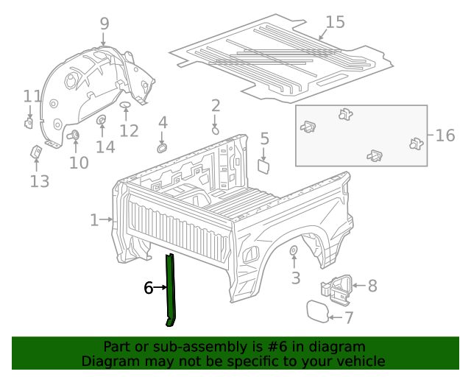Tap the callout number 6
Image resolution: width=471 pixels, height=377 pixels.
(x=148, y=288)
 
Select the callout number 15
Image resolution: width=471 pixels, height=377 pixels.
(x=335, y=22)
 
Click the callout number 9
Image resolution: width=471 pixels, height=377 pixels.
(x=104, y=24)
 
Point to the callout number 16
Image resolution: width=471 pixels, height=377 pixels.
(x=445, y=135)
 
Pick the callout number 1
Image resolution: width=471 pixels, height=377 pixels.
(x=94, y=219)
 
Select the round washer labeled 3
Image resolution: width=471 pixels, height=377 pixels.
(x=293, y=253)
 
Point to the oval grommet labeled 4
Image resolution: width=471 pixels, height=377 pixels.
(x=162, y=147)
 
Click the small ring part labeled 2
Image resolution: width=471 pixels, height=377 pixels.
(x=215, y=130)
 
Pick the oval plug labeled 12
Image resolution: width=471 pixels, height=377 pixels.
(x=125, y=109)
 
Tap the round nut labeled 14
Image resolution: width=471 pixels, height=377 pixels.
(x=102, y=121)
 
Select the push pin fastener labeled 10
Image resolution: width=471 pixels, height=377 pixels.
(x=74, y=135)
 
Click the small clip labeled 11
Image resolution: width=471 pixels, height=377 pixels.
(x=29, y=122)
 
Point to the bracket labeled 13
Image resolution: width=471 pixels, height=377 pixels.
(x=35, y=152)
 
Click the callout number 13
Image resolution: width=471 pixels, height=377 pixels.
(x=39, y=181)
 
